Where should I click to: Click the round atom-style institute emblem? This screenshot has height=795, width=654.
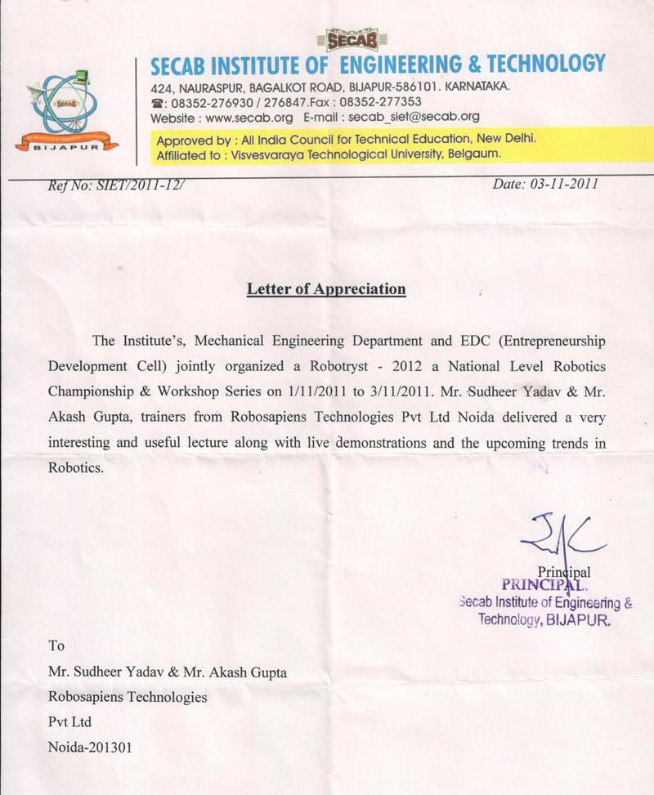pyautogui.click(x=66, y=105)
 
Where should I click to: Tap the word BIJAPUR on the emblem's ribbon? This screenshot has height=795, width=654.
pyautogui.click(x=67, y=149)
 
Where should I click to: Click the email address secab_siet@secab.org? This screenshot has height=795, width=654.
pyautogui.click(x=414, y=118)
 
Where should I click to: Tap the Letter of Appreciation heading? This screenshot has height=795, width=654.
pyautogui.click(x=326, y=289)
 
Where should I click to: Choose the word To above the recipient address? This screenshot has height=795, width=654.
pyautogui.click(x=56, y=645)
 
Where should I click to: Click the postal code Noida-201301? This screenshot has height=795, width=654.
pyautogui.click(x=90, y=747)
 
